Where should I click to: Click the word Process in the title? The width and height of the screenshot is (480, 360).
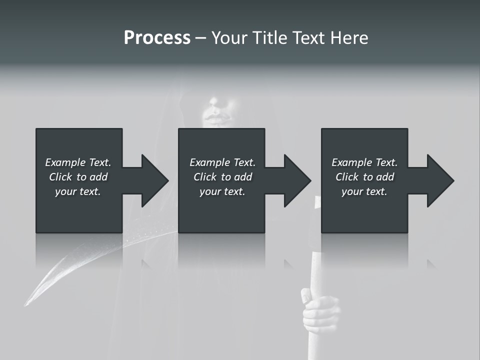(157, 38)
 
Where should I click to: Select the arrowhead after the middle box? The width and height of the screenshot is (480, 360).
(297, 180)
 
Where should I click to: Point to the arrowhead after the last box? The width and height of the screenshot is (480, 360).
(440, 180)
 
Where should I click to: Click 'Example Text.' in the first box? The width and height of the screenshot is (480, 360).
(78, 162)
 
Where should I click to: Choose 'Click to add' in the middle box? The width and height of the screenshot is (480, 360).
(222, 177)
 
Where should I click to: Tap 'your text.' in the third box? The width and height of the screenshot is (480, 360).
(364, 191)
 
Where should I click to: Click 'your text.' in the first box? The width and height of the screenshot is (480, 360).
(78, 191)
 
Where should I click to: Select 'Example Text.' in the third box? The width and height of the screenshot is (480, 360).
(364, 162)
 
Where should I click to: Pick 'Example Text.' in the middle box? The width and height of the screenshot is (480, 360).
(222, 162)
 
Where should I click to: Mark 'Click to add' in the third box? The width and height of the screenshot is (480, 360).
(364, 177)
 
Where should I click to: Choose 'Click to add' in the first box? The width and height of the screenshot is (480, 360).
(78, 177)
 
